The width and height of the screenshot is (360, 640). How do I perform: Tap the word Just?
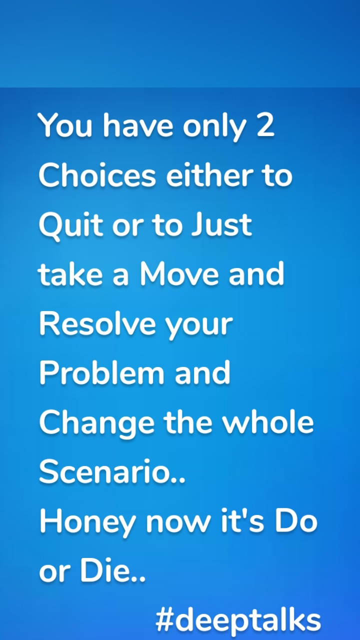click(x=221, y=225)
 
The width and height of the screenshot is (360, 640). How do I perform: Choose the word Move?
click(x=180, y=274)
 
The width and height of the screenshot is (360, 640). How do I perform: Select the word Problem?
click(x=102, y=373)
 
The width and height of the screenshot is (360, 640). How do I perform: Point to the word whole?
click(x=268, y=422)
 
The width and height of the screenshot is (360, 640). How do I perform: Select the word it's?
click(x=239, y=521)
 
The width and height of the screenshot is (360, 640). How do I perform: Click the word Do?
click(x=298, y=521)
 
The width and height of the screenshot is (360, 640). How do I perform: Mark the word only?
click(x=214, y=126)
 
